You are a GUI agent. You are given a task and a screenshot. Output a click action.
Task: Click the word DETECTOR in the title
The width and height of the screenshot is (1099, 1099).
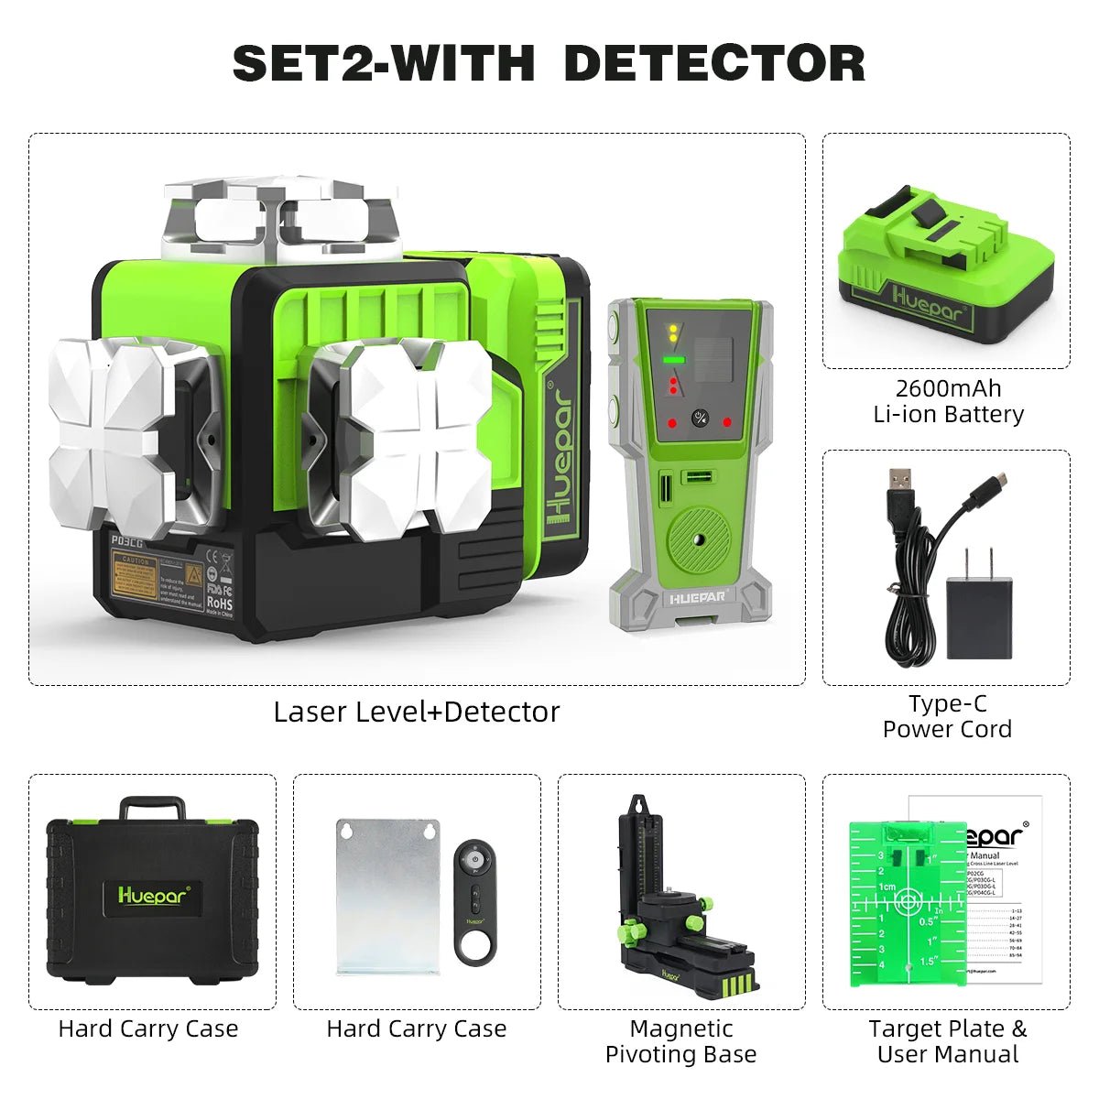714,63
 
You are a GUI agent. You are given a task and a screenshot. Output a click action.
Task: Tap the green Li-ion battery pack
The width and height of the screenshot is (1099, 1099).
946,266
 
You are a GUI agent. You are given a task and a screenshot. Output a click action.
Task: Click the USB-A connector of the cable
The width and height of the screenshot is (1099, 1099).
899,484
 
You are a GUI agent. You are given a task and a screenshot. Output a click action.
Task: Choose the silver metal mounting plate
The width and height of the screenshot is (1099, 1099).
388,897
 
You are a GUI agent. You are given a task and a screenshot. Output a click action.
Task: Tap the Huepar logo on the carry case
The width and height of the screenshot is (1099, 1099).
153,895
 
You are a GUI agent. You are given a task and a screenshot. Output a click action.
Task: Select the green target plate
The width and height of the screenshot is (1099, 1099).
907,902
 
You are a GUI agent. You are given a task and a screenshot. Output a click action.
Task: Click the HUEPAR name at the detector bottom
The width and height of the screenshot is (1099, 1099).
697,596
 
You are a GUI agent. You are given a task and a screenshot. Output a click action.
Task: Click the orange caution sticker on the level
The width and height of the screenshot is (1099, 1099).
134,579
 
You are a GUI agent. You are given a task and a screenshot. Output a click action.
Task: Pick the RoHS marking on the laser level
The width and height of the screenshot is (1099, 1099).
219,604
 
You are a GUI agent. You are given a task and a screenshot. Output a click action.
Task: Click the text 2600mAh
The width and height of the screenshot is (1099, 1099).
948,388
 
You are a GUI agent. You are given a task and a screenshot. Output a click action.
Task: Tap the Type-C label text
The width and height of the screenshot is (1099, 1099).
948,703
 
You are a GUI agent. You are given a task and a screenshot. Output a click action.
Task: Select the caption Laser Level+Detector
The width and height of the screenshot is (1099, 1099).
416,712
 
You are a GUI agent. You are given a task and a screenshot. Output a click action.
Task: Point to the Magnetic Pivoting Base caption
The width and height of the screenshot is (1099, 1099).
680,1041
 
